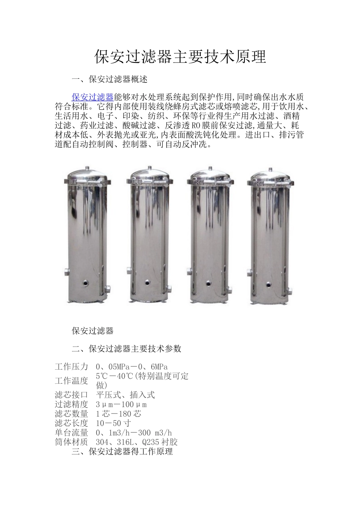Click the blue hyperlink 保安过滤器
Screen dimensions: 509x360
coord(92,97)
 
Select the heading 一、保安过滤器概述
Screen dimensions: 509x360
coord(110,79)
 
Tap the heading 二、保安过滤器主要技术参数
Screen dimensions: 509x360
coord(127,349)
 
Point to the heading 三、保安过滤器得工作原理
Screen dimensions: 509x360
coord(122,451)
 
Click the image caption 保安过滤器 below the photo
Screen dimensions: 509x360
coord(93,331)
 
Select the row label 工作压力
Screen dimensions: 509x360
coord(71,367)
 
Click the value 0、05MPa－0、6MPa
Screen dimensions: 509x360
coord(132,367)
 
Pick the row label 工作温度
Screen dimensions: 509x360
coord(71,381)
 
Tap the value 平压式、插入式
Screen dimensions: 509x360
coord(125,395)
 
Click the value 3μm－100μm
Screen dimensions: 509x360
coord(121,404)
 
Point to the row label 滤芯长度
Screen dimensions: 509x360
coord(71,423)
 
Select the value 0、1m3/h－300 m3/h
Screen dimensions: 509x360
coord(134,433)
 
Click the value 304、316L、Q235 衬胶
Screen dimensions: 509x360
coord(137,442)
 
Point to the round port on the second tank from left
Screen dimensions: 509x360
coord(147,282)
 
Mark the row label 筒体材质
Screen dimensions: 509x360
coord(71,442)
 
